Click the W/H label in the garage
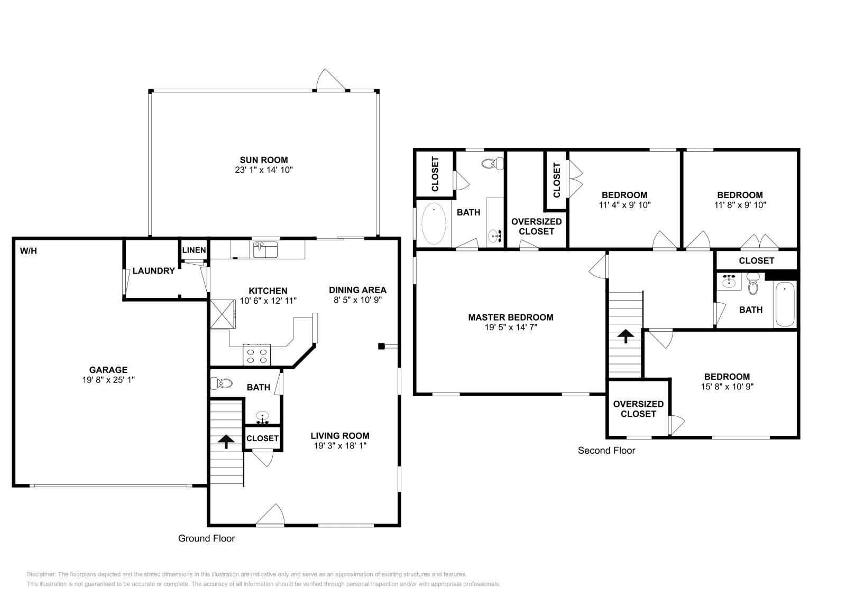point(29,251)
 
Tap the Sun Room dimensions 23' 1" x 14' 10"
point(264,170)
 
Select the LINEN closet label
point(194,250)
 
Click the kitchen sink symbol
point(265,249)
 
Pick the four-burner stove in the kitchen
point(256,355)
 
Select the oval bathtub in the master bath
point(434,223)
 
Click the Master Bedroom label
point(511,317)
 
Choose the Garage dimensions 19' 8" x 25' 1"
point(108,380)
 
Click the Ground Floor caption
point(206,538)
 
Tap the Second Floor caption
point(606,451)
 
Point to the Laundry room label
point(153,271)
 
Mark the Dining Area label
point(357,290)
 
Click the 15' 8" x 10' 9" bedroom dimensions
point(727,386)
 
